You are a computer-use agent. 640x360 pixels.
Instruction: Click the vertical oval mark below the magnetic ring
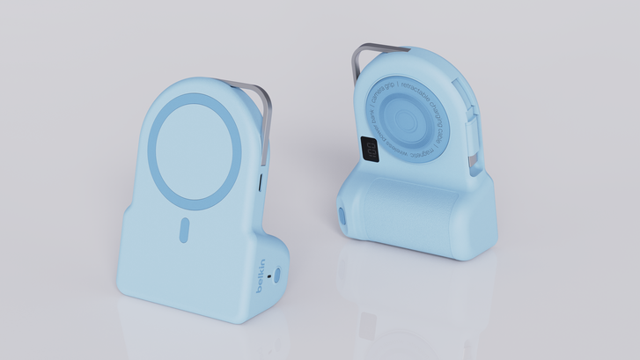184,231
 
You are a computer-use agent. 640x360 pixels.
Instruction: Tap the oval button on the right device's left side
341,217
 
